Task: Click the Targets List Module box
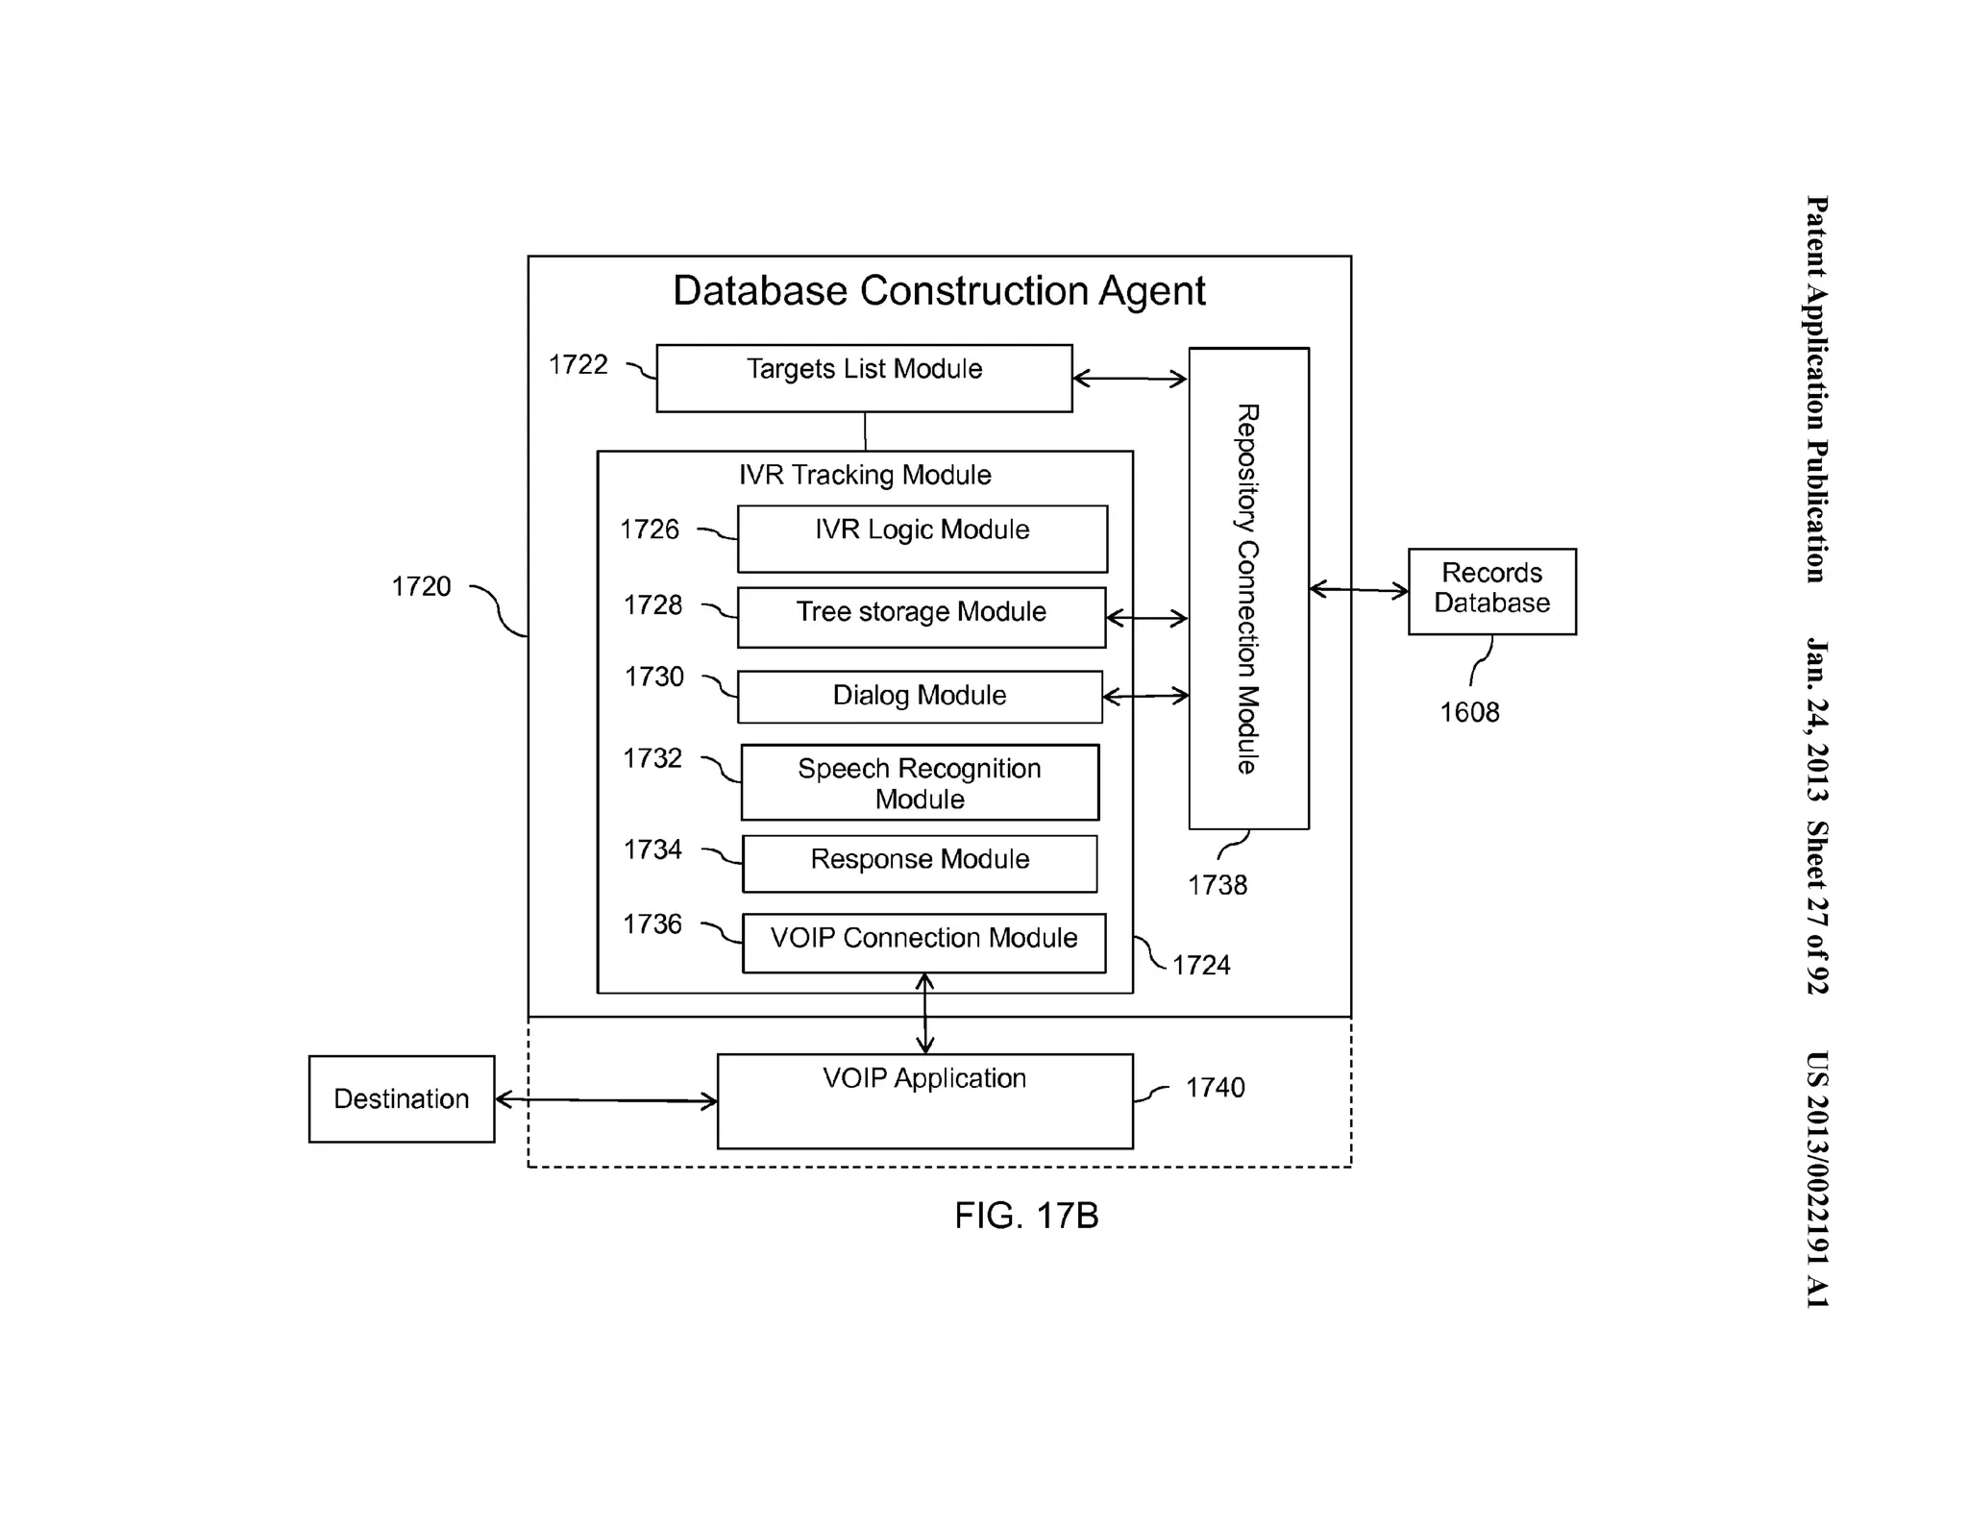click(x=863, y=378)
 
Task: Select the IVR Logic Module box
click(x=922, y=538)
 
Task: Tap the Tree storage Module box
click(x=921, y=617)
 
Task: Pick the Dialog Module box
click(x=919, y=696)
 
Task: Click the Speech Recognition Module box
click(x=919, y=782)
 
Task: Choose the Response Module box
click(x=919, y=863)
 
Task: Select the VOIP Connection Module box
click(x=922, y=942)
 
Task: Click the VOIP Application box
click(x=924, y=1100)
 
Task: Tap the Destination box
click(x=401, y=1098)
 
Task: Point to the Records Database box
click(x=1490, y=590)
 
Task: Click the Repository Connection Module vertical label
click(x=1247, y=588)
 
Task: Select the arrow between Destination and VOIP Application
click(x=605, y=1100)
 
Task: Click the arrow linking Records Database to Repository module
click(x=1358, y=589)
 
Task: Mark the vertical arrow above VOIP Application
click(x=924, y=1013)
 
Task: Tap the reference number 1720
click(x=421, y=586)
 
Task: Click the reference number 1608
click(x=1468, y=712)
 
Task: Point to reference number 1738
click(x=1217, y=885)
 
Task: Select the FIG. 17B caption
click(x=1025, y=1216)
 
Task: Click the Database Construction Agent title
click(x=938, y=290)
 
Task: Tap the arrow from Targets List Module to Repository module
click(x=1129, y=379)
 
